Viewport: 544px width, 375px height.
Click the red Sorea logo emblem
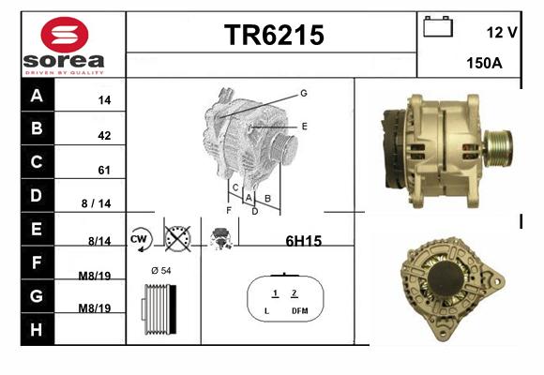tap(65, 35)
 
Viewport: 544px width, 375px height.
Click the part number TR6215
tap(274, 35)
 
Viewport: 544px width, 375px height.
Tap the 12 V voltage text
tap(502, 32)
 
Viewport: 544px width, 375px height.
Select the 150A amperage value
tap(484, 63)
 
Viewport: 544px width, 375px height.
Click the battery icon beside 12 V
tap(438, 26)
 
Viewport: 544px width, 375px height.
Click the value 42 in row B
tap(104, 135)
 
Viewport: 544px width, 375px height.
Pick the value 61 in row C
tap(104, 170)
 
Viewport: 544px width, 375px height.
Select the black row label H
tap(37, 330)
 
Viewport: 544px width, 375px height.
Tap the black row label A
tap(37, 96)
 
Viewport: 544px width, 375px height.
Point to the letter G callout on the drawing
tap(304, 94)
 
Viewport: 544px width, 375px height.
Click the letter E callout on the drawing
tap(304, 127)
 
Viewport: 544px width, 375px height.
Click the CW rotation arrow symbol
tap(141, 239)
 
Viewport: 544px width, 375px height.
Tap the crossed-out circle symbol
tap(177, 239)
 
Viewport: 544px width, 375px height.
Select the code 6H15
tap(304, 241)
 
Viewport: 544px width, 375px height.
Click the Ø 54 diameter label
tap(161, 271)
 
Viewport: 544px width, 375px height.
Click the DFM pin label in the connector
tap(300, 311)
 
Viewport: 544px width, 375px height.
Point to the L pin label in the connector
tap(266, 311)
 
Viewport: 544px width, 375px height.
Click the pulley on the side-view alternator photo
tap(499, 148)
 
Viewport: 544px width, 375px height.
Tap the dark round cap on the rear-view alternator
tap(446, 278)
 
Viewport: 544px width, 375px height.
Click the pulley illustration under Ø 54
tap(159, 309)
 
